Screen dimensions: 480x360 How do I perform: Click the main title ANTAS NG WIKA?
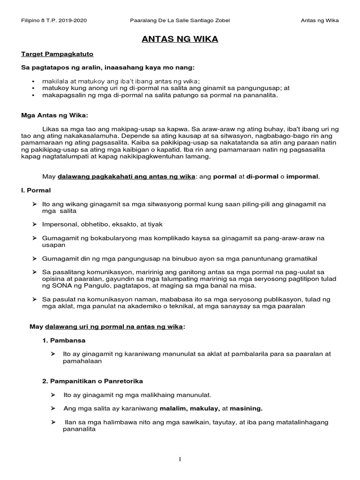coord(180,39)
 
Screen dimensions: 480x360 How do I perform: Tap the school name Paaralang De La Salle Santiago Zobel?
coord(180,21)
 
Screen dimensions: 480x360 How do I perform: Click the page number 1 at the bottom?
coord(180,459)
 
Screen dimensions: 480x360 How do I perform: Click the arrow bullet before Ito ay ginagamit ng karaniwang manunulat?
coord(53,354)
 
